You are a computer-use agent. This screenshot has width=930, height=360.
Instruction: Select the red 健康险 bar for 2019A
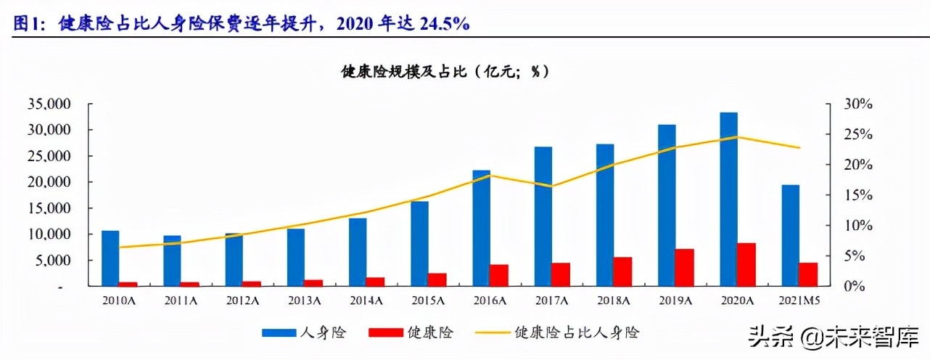pos(685,268)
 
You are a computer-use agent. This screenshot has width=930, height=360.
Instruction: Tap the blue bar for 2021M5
pos(790,235)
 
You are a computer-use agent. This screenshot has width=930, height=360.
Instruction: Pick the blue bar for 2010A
pos(110,258)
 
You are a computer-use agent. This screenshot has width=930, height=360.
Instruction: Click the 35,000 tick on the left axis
pos(49,104)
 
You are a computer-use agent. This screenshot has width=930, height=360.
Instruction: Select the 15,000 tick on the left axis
pos(49,208)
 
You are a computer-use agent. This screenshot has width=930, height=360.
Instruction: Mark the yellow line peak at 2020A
pos(738,136)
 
